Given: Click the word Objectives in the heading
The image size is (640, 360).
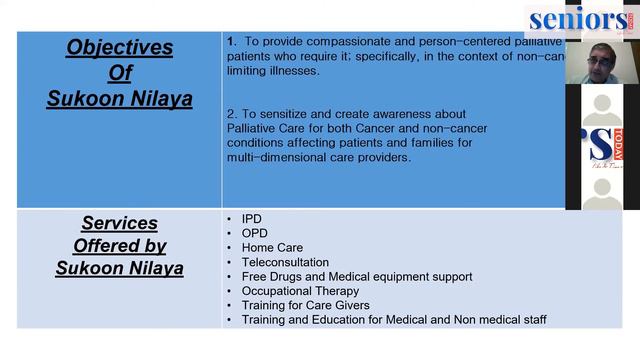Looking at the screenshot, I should (x=119, y=47).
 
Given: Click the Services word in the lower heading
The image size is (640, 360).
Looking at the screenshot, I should (x=119, y=222).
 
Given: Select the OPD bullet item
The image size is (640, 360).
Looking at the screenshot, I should (x=254, y=233).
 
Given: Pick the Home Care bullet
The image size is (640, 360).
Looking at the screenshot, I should (x=272, y=247).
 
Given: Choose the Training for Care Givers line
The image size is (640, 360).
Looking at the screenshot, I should (x=305, y=305).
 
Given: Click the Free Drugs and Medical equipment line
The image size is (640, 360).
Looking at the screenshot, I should (x=357, y=276).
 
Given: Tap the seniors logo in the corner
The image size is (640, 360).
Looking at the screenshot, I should (x=580, y=19).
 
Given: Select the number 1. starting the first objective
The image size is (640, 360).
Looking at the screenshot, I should (x=231, y=42).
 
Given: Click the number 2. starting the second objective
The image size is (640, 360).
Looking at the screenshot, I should (x=231, y=114).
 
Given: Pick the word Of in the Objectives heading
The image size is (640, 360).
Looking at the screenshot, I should (x=119, y=72).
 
